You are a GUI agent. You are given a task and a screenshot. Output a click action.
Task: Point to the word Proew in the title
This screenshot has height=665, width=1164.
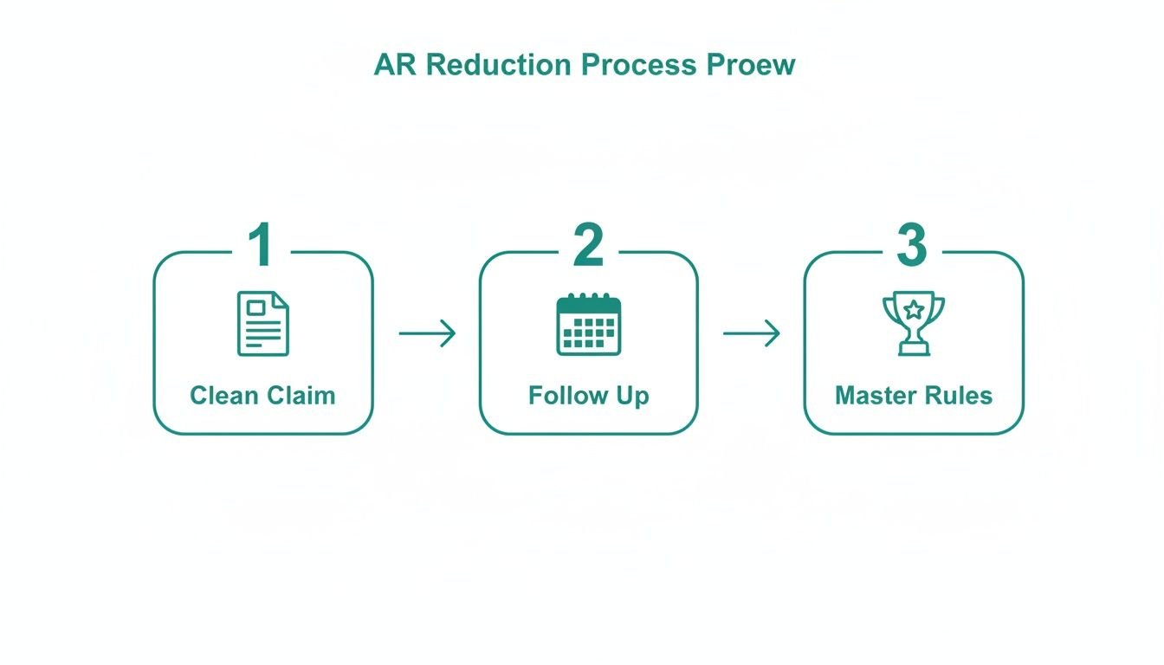(x=752, y=65)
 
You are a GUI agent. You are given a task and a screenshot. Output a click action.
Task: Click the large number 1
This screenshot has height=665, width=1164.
(x=261, y=246)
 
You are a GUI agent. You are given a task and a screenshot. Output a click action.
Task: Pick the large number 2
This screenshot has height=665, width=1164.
(x=588, y=246)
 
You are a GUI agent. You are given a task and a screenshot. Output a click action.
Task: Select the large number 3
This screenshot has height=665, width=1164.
(x=912, y=246)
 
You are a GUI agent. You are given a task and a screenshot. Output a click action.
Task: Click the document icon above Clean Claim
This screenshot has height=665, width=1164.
(x=263, y=324)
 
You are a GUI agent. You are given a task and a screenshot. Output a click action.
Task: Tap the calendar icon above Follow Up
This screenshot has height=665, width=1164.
(x=589, y=324)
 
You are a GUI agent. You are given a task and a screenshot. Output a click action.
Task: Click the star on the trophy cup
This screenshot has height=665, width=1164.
(x=914, y=308)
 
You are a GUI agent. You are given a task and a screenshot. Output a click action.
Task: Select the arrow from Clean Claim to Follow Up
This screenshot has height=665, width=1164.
(x=427, y=333)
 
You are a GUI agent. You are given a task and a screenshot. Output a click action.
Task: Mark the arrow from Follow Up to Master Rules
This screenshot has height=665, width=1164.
(x=751, y=333)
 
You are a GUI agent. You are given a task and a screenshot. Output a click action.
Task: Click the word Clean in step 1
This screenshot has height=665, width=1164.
(x=223, y=396)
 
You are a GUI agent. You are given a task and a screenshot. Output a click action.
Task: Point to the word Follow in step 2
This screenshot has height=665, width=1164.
(x=568, y=396)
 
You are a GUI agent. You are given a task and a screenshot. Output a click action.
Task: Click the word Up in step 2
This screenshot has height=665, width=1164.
(x=633, y=396)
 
